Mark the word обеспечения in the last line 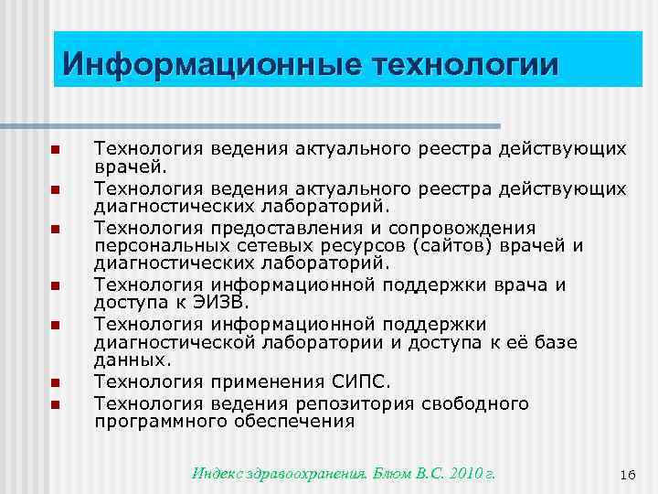click(305, 422)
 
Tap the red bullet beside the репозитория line click(55, 404)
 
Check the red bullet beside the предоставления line click(55, 228)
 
